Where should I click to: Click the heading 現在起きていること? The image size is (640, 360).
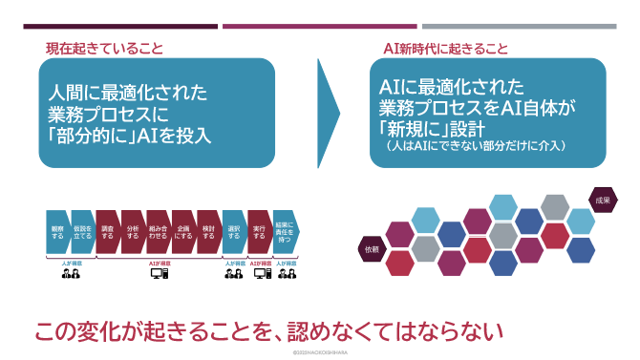coord(105,48)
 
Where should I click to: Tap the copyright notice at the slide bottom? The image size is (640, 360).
coord(320,352)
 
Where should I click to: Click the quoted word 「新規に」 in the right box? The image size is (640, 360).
coord(413,129)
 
